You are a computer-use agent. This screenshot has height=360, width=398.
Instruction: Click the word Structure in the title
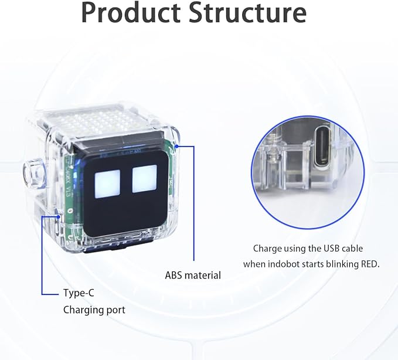248,13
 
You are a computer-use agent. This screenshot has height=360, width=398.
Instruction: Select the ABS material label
193,274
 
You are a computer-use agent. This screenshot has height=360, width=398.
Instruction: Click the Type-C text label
79,293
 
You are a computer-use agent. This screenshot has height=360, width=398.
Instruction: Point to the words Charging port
94,310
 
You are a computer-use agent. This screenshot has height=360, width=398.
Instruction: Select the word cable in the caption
346,249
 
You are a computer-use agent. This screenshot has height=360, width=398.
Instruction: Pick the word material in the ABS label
202,274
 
